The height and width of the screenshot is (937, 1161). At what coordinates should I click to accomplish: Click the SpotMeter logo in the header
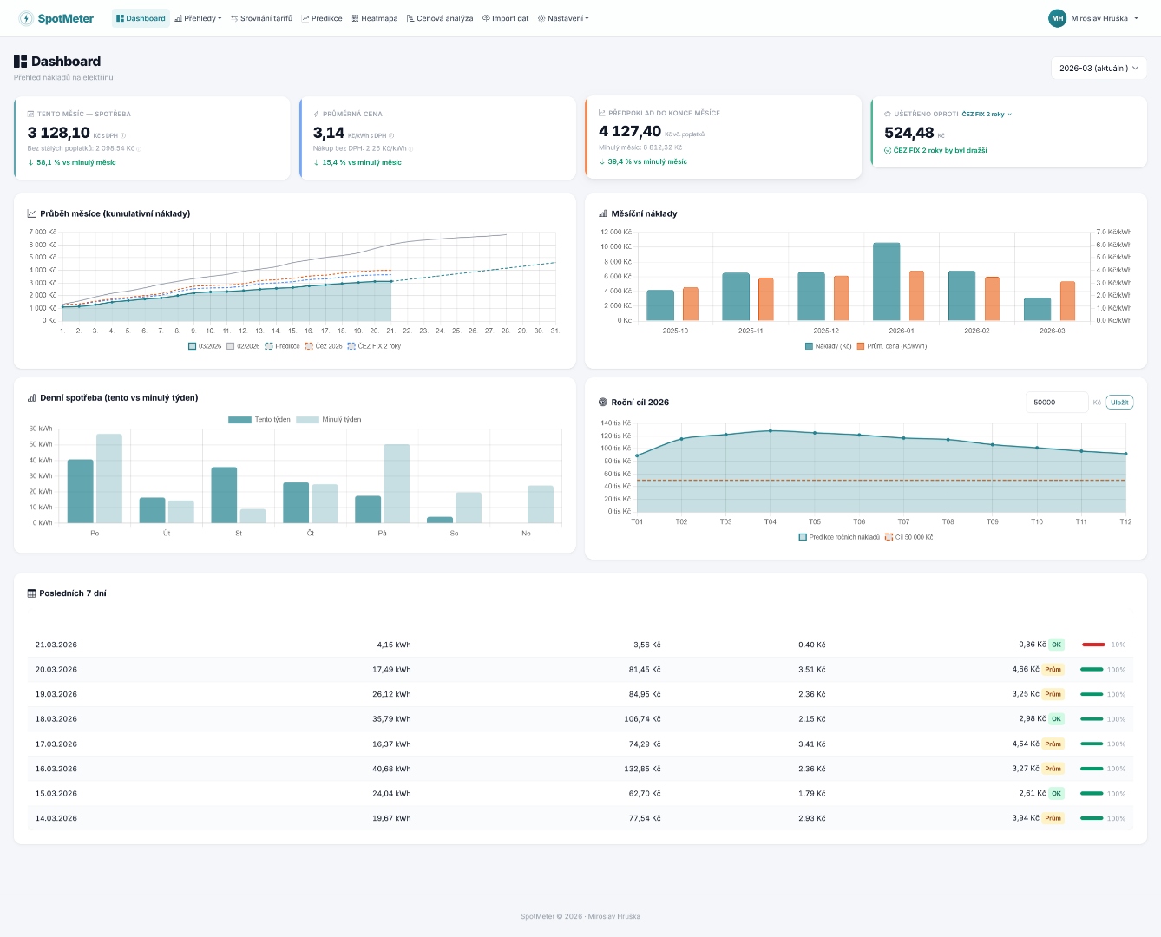(x=56, y=18)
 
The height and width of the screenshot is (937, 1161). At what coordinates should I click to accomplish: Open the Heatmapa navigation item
(x=375, y=18)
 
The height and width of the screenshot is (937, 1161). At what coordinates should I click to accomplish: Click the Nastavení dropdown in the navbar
(x=563, y=18)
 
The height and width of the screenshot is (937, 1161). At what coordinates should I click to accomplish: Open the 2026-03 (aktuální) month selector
(x=1099, y=68)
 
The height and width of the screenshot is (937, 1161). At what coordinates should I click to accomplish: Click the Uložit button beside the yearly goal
(x=1119, y=403)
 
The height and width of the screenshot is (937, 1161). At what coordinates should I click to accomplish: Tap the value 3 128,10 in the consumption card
(x=59, y=133)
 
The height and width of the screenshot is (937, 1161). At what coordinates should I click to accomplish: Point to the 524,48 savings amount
(x=908, y=133)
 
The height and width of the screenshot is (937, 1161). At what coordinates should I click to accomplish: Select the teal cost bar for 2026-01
(x=886, y=282)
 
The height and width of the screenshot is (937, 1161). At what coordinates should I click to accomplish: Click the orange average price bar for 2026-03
(x=1067, y=301)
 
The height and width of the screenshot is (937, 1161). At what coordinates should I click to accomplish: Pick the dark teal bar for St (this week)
(x=224, y=495)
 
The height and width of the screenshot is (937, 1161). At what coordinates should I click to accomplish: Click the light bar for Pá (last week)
(x=397, y=483)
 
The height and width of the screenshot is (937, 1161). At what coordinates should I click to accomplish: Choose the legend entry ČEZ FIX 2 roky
(x=375, y=346)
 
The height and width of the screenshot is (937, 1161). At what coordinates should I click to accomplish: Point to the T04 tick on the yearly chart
(x=770, y=521)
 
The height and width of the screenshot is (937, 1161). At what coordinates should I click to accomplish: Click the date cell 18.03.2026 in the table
(x=56, y=719)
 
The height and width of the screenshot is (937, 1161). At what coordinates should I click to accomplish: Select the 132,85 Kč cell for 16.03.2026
(x=642, y=769)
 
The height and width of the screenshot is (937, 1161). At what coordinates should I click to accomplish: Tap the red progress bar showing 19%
(x=1093, y=645)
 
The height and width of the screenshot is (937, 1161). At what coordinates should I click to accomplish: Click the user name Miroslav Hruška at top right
(x=1099, y=18)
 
